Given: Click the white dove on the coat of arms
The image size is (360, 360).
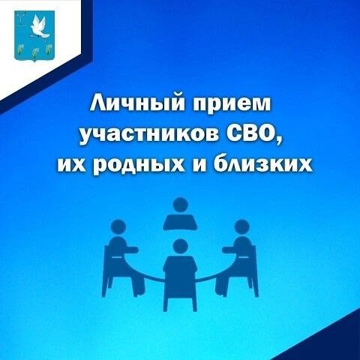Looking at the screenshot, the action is coord(40,27).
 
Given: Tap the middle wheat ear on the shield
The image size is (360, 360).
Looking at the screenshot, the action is coord(34,52).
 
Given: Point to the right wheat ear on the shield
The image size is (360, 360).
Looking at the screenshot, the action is coord(49,49).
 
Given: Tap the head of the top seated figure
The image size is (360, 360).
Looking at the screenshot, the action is coord(180,205).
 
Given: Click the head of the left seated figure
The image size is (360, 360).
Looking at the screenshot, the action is coord(118,227).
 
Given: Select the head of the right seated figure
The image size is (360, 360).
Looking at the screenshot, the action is coord(241,227).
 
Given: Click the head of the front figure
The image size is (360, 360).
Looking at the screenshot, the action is coord(180,246).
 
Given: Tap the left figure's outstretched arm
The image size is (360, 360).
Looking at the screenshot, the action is coord(130,249).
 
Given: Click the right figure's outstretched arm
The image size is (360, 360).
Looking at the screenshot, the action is coord(229,249).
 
